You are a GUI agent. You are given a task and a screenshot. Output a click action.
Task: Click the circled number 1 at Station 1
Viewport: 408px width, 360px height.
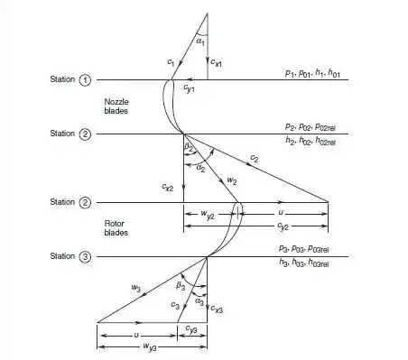87,80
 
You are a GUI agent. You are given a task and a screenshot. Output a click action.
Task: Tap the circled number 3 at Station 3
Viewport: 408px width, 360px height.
87,256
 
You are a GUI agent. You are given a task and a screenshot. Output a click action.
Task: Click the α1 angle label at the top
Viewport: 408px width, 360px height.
199,41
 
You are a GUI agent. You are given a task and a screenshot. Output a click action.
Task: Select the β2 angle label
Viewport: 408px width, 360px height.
189,145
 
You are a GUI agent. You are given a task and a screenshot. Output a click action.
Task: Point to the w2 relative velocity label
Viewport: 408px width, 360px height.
232,180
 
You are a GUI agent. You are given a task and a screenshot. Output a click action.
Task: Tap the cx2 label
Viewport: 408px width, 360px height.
167,188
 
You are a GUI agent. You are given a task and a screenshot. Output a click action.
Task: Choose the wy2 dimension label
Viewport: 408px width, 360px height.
205,215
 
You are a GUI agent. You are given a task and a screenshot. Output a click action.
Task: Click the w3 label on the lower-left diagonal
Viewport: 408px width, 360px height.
135,289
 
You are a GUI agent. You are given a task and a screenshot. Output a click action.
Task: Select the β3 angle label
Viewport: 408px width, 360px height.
181,285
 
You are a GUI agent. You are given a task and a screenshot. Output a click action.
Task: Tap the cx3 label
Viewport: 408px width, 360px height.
218,309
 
